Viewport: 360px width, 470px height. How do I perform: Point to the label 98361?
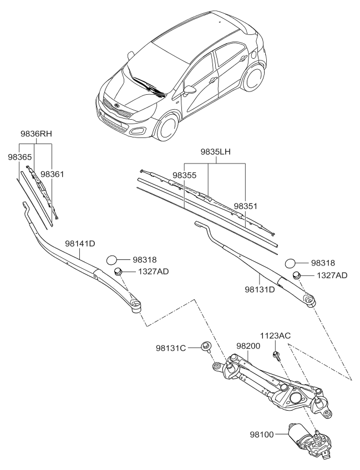click(53, 175)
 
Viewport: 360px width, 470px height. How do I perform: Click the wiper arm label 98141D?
click(80, 243)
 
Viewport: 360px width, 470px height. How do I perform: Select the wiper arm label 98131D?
click(260, 289)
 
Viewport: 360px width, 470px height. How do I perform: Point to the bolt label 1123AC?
click(276, 336)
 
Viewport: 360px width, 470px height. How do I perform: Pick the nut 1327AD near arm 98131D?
click(297, 275)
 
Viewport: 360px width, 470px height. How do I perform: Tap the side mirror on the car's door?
click(191, 90)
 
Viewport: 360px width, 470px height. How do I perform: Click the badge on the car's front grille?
click(116, 105)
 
